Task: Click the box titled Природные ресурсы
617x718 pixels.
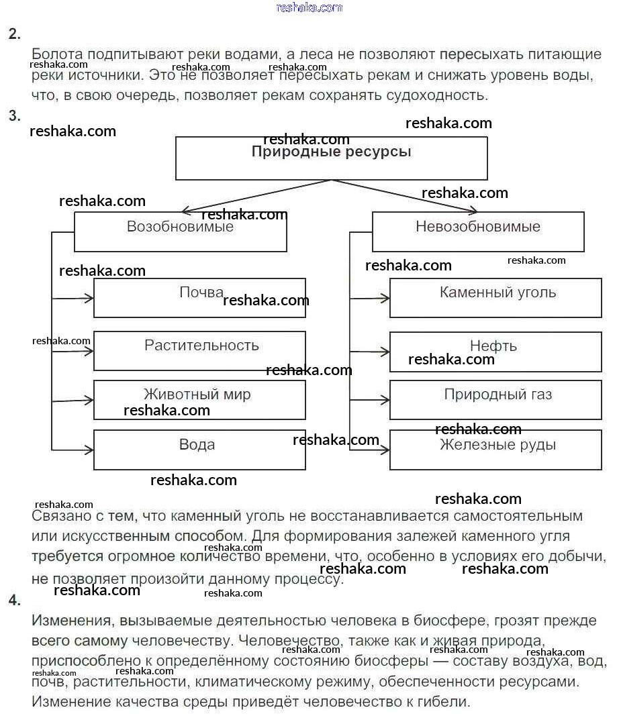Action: pos(331,158)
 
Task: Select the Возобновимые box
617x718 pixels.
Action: pos(180,232)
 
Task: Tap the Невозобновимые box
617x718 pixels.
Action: pos(477,232)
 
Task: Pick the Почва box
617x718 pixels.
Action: pos(199,298)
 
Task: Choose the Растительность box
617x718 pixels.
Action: pos(199,350)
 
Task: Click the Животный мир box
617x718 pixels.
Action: pos(199,400)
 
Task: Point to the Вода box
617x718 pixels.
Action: pos(199,450)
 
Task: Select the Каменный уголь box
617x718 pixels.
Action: pos(495,298)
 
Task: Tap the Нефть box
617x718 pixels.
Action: pos(495,352)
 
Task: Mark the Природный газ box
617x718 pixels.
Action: pos(495,400)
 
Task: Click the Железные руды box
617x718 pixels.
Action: pos(495,450)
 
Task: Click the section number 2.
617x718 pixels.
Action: pos(15,34)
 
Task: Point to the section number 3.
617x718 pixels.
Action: pos(15,115)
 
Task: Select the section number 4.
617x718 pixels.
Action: pos(15,601)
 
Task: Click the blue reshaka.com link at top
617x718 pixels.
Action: pos(309,7)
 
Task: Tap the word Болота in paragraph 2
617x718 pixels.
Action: pos(54,54)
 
